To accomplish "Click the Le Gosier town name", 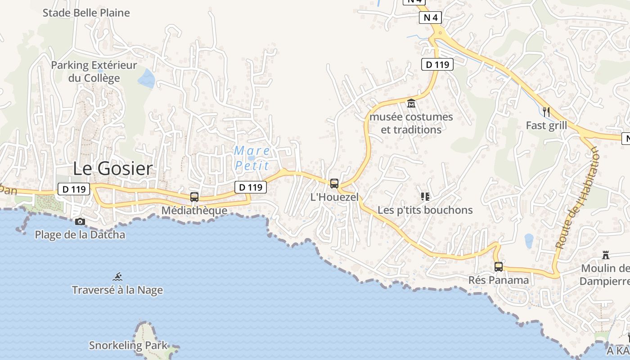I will click(x=112, y=169).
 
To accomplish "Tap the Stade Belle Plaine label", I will click(x=86, y=13).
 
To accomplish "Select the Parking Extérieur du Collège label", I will click(x=94, y=72).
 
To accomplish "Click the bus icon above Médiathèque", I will click(x=194, y=197).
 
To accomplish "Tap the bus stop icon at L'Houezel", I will click(x=334, y=184).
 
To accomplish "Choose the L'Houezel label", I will click(x=335, y=197).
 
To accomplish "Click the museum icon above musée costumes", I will click(x=411, y=104).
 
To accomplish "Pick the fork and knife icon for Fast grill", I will click(x=546, y=112).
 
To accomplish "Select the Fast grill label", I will click(x=546, y=126).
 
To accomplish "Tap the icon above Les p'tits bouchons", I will click(x=425, y=196).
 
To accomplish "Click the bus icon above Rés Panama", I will click(x=499, y=266).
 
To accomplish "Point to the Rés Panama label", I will click(x=499, y=280).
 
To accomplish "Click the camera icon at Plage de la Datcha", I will click(x=80, y=221).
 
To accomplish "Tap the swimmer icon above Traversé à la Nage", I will click(x=117, y=277).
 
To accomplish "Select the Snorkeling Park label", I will click(x=128, y=346).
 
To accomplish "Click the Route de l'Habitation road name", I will click(x=578, y=198).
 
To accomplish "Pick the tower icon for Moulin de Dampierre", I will click(x=606, y=255).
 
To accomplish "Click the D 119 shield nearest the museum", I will click(x=437, y=64).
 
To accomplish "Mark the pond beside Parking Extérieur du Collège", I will click(x=147, y=79).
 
